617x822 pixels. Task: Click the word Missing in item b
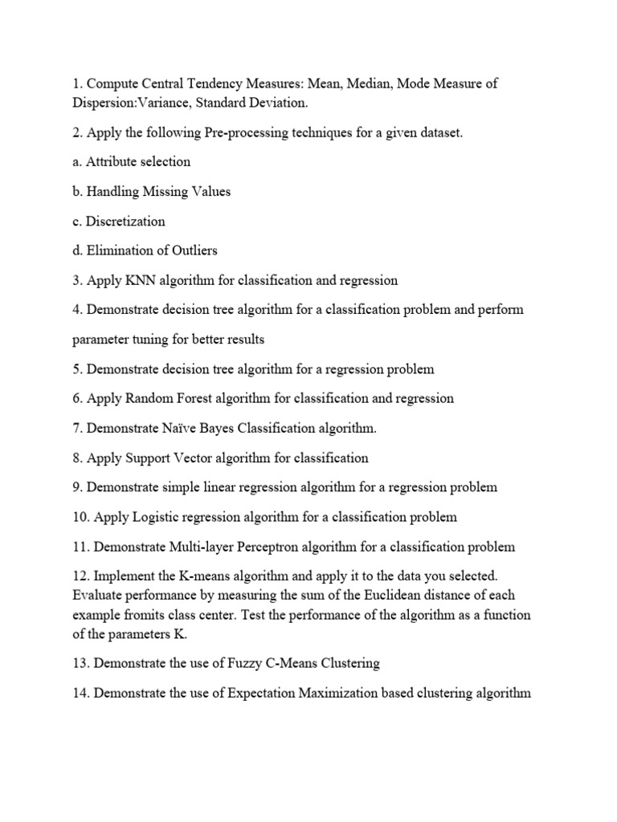click(x=165, y=192)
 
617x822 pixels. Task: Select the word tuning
click(x=153, y=340)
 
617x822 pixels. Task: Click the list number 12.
click(x=81, y=577)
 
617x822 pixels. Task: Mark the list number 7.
click(x=76, y=429)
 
